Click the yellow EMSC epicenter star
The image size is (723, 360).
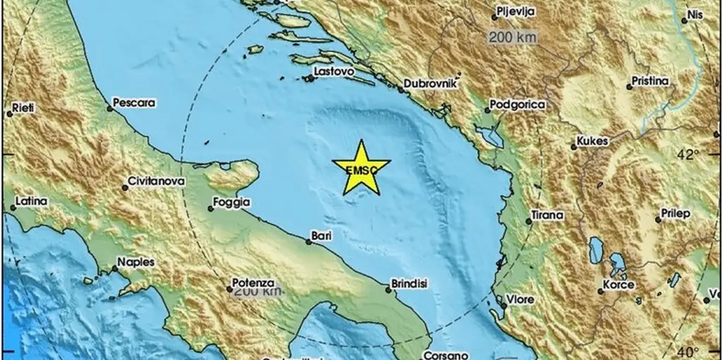pyautogui.click(x=360, y=169)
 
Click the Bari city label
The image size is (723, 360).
pyautogui.click(x=321, y=235)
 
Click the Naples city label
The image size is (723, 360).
pyautogui.click(x=136, y=262)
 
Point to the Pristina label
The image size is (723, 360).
pyautogui.click(x=650, y=81)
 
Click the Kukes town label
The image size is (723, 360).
pyautogui.click(x=592, y=141)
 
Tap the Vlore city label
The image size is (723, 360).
pyautogui.click(x=523, y=299)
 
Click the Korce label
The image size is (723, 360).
pyautogui.click(x=619, y=284)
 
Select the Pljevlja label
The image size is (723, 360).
pyautogui.click(x=516, y=12)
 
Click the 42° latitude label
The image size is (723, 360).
pyautogui.click(x=688, y=155)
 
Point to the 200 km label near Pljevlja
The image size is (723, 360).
pyautogui.click(x=513, y=37)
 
